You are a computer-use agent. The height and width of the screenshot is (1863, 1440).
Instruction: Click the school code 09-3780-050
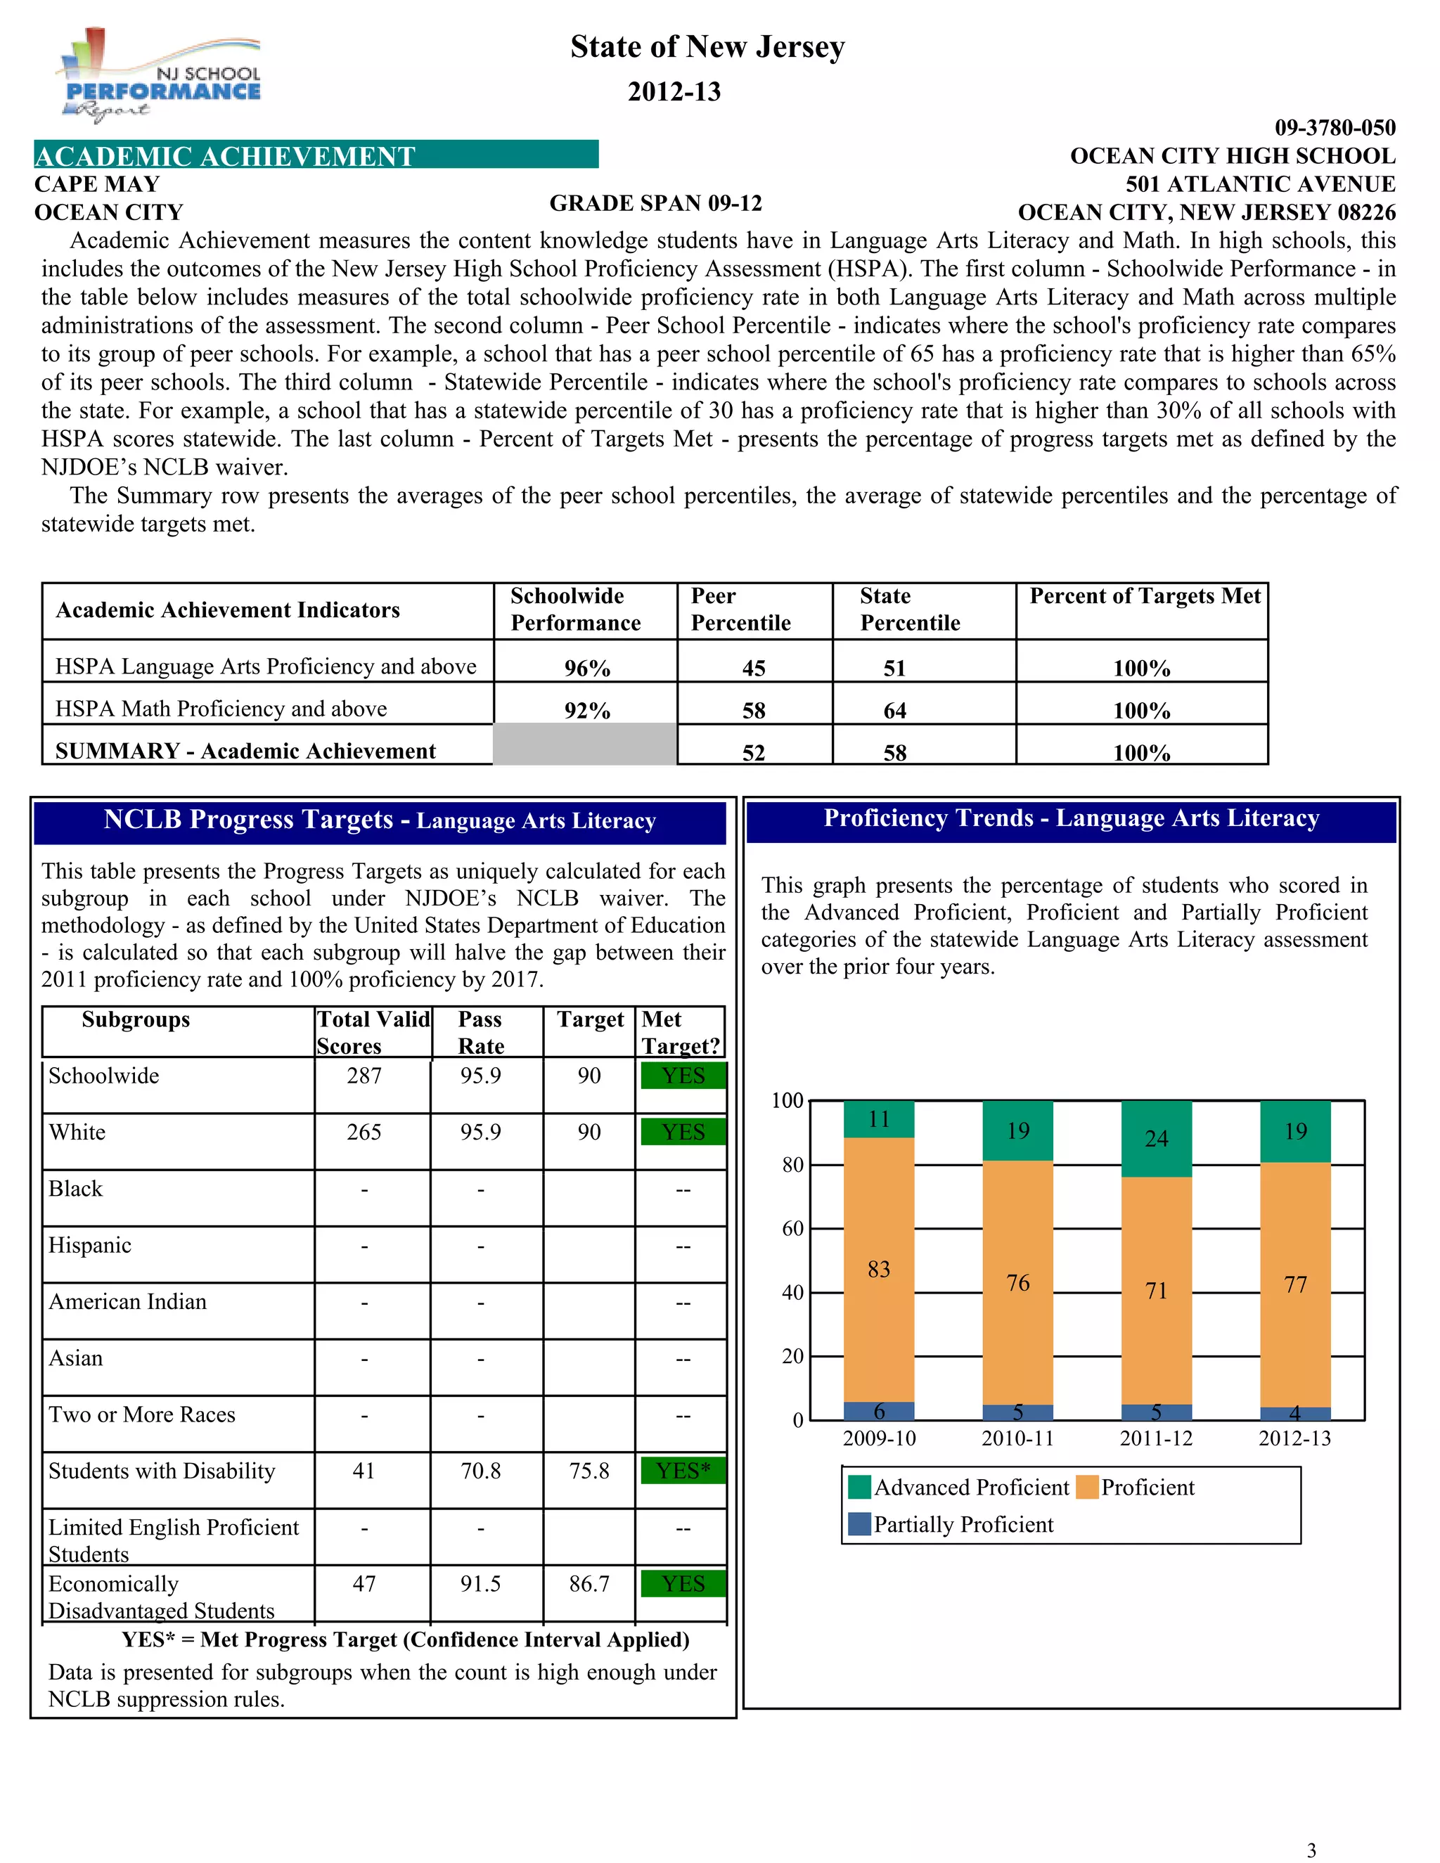[x=1335, y=128]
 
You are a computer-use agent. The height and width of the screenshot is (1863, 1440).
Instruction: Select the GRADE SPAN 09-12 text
[x=655, y=203]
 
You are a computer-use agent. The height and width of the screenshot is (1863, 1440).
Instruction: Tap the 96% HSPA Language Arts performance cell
[x=587, y=668]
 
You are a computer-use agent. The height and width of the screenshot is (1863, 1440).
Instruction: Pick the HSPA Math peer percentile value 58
[x=753, y=711]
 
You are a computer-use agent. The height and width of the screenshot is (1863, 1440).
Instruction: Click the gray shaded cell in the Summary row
[x=585, y=744]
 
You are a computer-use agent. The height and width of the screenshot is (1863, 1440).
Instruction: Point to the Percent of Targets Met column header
[x=1144, y=596]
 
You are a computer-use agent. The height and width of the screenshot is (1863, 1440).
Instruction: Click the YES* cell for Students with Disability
[x=683, y=1471]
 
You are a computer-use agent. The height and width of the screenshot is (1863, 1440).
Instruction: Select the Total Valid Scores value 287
[x=364, y=1076]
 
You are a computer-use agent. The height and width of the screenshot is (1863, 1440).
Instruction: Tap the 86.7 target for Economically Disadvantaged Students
[x=589, y=1584]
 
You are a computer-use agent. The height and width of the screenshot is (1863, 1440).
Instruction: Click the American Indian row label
[x=128, y=1302]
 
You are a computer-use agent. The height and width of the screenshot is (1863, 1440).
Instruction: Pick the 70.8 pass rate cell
[x=480, y=1471]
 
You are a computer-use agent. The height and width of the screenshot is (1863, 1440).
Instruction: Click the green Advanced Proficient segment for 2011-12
[x=1156, y=1139]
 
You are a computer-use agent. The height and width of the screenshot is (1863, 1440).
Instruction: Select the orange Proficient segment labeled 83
[x=879, y=1269]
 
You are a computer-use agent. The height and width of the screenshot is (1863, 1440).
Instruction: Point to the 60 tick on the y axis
[x=792, y=1228]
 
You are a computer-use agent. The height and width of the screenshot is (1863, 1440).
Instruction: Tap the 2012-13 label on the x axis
[x=1294, y=1438]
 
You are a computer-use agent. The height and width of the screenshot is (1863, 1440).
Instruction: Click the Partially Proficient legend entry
[x=952, y=1524]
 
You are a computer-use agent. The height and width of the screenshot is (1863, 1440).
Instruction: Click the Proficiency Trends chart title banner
[x=1071, y=819]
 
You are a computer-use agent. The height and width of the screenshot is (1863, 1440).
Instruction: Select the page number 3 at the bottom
[x=1311, y=1850]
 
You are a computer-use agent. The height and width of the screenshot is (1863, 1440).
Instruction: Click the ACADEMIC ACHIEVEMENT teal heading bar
[x=316, y=155]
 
